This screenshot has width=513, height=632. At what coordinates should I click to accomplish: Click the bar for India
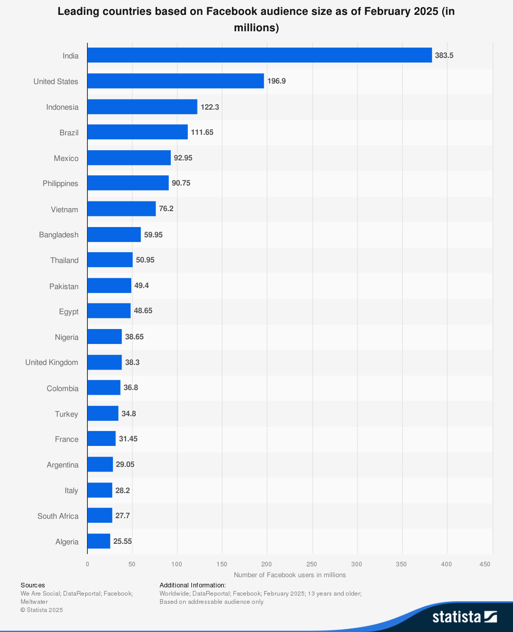click(x=260, y=55)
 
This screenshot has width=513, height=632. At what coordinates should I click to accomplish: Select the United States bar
click(x=175, y=81)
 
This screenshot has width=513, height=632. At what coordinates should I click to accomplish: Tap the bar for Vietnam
click(x=122, y=209)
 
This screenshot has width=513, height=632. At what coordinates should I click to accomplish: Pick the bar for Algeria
click(x=98, y=541)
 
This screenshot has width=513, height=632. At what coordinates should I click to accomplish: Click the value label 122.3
click(x=210, y=107)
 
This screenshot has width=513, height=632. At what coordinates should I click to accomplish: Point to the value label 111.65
click(x=202, y=132)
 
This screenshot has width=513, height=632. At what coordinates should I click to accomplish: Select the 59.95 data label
click(x=153, y=234)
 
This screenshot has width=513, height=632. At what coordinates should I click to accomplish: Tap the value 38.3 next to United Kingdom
click(x=132, y=362)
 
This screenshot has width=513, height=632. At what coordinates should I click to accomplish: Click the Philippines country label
click(x=61, y=184)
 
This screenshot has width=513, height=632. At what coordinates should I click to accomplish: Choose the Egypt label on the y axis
click(x=69, y=312)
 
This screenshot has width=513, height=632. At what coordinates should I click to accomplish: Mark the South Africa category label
click(x=58, y=516)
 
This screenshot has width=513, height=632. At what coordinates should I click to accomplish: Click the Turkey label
click(x=67, y=414)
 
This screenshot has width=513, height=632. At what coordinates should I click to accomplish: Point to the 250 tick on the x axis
click(x=311, y=564)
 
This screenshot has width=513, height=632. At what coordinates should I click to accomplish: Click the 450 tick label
click(x=485, y=564)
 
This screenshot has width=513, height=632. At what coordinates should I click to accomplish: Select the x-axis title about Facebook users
click(x=290, y=575)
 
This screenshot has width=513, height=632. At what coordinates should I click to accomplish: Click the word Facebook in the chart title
click(x=234, y=11)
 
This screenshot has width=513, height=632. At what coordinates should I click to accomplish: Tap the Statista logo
click(x=464, y=617)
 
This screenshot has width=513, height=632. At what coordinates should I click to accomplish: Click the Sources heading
click(x=33, y=585)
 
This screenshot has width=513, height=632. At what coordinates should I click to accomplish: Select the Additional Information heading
click(x=192, y=585)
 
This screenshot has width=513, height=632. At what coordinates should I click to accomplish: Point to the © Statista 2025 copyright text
click(x=42, y=610)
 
